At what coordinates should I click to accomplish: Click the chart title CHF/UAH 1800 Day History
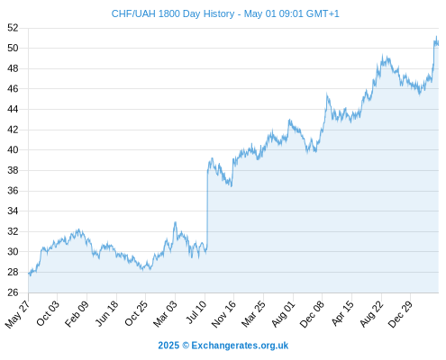(x=173, y=13)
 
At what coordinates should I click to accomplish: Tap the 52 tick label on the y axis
(x=13, y=28)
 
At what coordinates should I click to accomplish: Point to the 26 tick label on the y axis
(x=13, y=292)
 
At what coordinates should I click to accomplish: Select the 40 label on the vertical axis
(x=13, y=149)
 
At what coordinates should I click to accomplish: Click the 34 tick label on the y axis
(x=13, y=211)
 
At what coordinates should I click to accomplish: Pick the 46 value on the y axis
(x=13, y=89)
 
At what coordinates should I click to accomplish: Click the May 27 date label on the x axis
(x=18, y=313)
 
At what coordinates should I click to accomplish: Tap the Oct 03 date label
(x=48, y=313)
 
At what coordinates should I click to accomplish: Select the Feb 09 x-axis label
(x=77, y=313)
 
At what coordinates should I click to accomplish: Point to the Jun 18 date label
(x=107, y=313)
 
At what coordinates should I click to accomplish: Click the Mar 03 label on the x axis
(x=166, y=313)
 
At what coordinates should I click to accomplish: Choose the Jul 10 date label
(x=196, y=312)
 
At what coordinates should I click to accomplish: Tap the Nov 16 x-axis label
(x=224, y=314)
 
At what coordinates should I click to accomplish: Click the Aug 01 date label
(x=284, y=313)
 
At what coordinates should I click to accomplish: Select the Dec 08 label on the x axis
(x=313, y=314)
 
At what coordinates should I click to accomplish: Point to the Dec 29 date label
(x=401, y=314)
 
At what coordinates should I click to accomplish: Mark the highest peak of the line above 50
(x=436, y=36)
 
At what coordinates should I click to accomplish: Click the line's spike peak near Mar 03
(x=175, y=222)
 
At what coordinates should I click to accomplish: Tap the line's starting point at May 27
(x=29, y=274)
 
